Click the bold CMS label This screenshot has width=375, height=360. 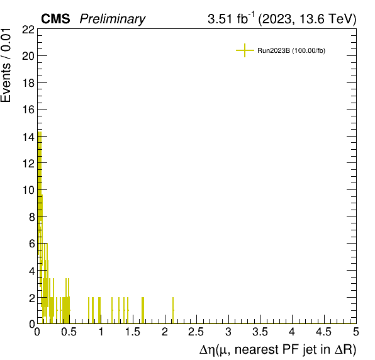[55, 19]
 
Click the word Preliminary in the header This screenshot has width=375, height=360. [113, 19]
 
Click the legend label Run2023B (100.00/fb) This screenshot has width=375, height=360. [291, 50]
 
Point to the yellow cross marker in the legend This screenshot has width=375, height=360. [245, 50]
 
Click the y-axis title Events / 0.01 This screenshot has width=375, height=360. [6, 65]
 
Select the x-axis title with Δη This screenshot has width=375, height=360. [277, 349]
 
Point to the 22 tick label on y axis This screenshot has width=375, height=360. [28, 30]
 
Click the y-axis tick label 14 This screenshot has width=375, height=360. [28, 137]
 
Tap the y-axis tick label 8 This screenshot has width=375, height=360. [32, 217]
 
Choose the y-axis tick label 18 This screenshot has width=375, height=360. [28, 84]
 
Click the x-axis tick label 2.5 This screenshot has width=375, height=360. [196, 332]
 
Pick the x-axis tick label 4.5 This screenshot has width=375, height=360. [323, 332]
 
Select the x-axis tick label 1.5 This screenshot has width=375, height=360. [133, 332]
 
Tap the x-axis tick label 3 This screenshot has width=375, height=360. [228, 332]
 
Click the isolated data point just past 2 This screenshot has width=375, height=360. [173, 310]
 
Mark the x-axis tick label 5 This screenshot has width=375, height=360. [356, 332]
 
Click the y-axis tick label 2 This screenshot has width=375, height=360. [32, 298]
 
